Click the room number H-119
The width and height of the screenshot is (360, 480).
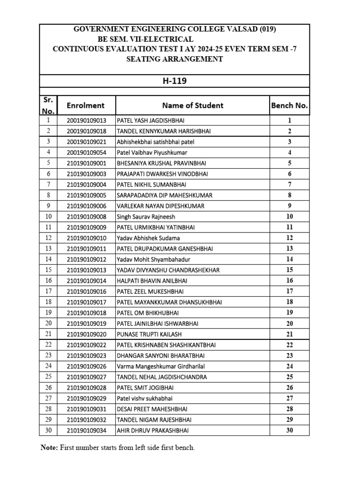[174, 81]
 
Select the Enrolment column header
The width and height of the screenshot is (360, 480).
[86, 105]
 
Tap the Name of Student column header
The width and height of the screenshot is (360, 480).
[193, 105]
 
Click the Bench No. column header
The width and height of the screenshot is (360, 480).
[289, 105]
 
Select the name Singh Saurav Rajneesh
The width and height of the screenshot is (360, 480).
[146, 217]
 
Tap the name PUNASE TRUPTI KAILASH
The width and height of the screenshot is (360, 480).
[149, 334]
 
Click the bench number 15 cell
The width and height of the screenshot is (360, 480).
[289, 270]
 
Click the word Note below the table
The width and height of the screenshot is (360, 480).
[48, 448]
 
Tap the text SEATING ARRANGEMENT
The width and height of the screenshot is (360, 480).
[174, 59]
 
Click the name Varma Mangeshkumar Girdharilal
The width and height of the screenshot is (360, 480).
[161, 366]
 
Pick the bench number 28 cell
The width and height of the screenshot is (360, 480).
[289, 409]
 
